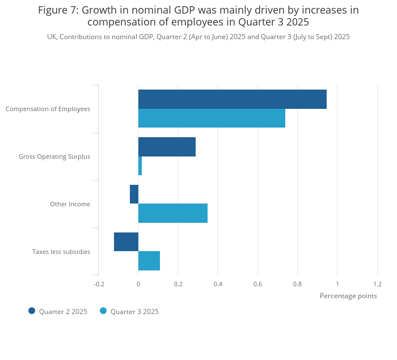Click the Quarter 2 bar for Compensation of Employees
pyautogui.click(x=233, y=99)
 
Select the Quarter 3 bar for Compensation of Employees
pyautogui.click(x=212, y=118)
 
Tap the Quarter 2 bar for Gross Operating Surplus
pyautogui.click(x=167, y=147)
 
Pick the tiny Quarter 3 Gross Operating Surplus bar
pyautogui.click(x=140, y=166)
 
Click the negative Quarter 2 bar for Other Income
pyautogui.click(x=134, y=194)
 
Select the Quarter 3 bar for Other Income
pyautogui.click(x=173, y=213)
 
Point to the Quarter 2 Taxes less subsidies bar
pyautogui.click(x=126, y=242)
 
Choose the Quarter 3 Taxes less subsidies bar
pyautogui.click(x=149, y=261)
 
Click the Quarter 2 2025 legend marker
pyautogui.click(x=32, y=311)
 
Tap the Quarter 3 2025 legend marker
pyautogui.click(x=103, y=311)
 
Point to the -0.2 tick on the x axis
pyautogui.click(x=99, y=284)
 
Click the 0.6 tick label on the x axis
pyautogui.click(x=257, y=284)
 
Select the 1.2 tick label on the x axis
pyautogui.click(x=377, y=284)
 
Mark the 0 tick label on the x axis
pyautogui.click(x=138, y=284)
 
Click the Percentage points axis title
pyautogui.click(x=348, y=296)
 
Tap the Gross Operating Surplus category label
pyautogui.click(x=54, y=156)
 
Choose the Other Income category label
pyautogui.click(x=70, y=204)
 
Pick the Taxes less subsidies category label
pyautogui.click(x=61, y=252)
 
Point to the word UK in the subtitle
pyautogui.click(x=52, y=37)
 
